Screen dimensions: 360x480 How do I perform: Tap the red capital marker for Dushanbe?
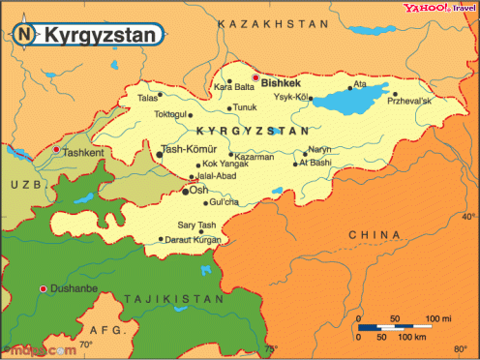(43, 289)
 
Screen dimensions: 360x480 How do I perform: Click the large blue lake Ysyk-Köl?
(345, 99)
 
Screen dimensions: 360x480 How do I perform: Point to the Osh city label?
(200, 191)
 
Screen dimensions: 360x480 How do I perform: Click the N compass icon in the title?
(22, 35)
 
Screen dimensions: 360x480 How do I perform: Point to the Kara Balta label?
(233, 87)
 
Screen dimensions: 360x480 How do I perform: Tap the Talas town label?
(148, 98)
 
